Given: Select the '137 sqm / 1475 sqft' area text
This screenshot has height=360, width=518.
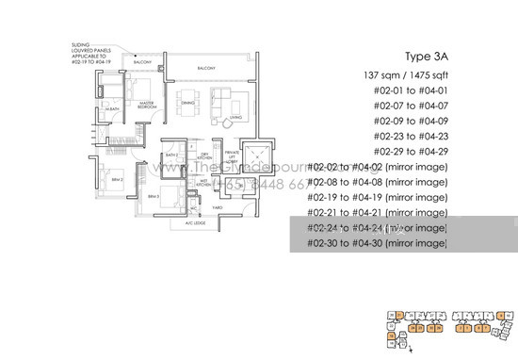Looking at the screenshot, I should [402, 74].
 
